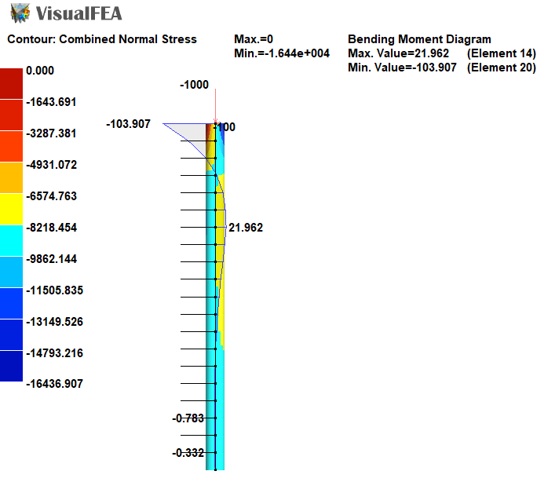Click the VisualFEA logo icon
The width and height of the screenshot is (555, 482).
(x=20, y=13)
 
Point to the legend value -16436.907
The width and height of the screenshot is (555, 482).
(x=54, y=384)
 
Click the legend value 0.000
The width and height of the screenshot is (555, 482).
(x=40, y=71)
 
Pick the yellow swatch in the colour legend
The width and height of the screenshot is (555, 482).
(x=12, y=209)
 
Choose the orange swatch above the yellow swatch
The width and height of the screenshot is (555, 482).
(x=12, y=177)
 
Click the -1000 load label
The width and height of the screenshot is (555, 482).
(x=194, y=85)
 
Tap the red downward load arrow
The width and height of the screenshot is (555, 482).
(x=215, y=106)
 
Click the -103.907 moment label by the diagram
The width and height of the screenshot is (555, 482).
(x=128, y=124)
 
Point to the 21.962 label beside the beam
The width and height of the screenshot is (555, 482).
(x=246, y=228)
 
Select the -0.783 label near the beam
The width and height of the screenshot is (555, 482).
(x=188, y=418)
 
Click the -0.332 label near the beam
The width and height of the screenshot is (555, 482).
(x=188, y=453)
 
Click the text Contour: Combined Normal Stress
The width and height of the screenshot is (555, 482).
(x=102, y=39)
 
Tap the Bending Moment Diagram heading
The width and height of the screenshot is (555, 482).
(x=419, y=39)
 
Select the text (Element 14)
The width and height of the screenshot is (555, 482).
(x=501, y=53)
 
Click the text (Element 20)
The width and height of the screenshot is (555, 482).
(x=501, y=68)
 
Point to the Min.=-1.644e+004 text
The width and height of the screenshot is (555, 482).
(x=282, y=53)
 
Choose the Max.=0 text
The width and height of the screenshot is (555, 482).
(x=254, y=39)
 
